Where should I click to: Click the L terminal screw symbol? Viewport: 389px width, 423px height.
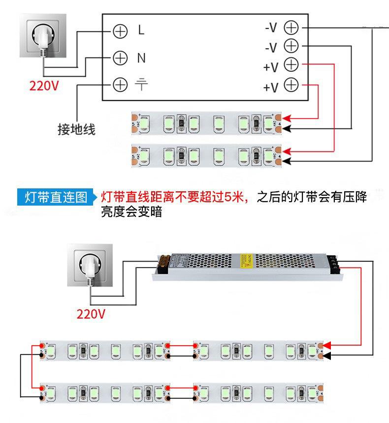(120, 31)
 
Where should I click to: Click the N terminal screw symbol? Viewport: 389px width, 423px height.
(120, 58)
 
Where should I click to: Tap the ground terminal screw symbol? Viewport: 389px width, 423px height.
(120, 85)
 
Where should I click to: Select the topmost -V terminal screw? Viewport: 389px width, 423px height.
(292, 28)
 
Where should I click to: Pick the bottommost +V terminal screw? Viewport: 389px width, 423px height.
(292, 85)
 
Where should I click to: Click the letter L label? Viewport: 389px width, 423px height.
(141, 30)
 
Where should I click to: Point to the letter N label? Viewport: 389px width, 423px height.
(141, 58)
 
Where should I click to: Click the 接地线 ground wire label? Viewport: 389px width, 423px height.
(76, 130)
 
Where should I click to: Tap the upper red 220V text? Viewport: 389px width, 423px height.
(44, 86)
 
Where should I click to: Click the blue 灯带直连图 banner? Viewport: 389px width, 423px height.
(55, 198)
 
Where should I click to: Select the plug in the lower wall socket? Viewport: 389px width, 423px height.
(91, 269)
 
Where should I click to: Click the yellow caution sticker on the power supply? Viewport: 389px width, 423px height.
(247, 262)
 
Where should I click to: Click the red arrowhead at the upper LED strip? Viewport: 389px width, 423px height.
(288, 119)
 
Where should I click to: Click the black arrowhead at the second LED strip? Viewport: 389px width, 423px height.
(288, 161)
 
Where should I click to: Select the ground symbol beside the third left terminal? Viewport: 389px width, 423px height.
(141, 85)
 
